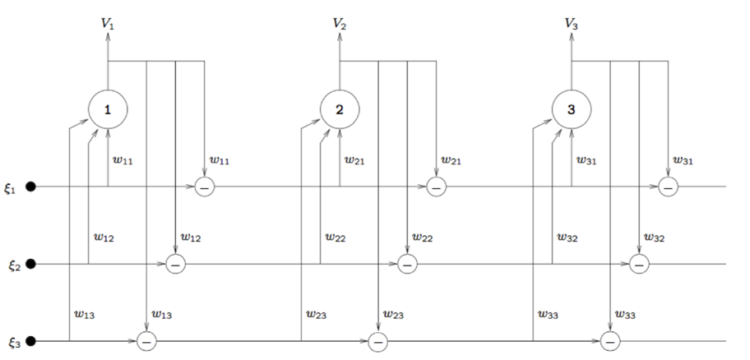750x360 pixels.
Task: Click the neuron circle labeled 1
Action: pos(108,109)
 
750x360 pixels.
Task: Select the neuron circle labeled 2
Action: pos(340,109)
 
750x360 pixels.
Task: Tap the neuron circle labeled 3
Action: pos(572,109)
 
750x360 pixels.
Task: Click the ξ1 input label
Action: pos(11,189)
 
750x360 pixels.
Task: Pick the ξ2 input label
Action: pos(14,265)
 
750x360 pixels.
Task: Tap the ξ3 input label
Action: pos(14,342)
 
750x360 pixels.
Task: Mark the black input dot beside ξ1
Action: pos(30,187)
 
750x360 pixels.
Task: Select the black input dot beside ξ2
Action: pos(30,264)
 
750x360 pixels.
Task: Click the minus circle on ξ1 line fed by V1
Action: pos(205,187)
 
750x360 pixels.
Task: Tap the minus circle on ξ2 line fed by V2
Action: pos(408,264)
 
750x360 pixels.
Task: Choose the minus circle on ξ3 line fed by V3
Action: pos(610,341)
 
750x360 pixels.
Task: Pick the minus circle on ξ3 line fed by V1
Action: pos(146,341)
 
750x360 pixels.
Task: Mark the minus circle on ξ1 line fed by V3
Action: pos(669,187)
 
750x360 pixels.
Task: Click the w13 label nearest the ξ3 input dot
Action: pos(84,315)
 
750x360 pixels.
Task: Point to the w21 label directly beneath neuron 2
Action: pos(354,160)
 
